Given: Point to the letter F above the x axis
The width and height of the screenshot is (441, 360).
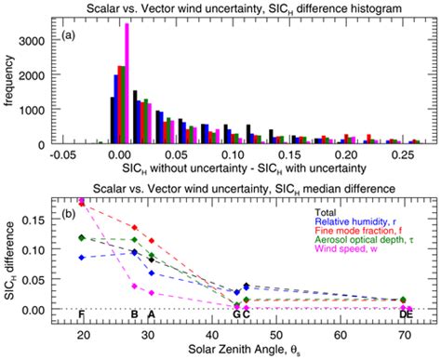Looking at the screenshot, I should point(82,314).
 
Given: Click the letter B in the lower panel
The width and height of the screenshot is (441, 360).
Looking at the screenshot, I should point(135,314).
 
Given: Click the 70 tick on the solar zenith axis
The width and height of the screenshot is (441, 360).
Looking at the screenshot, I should point(403,336).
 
